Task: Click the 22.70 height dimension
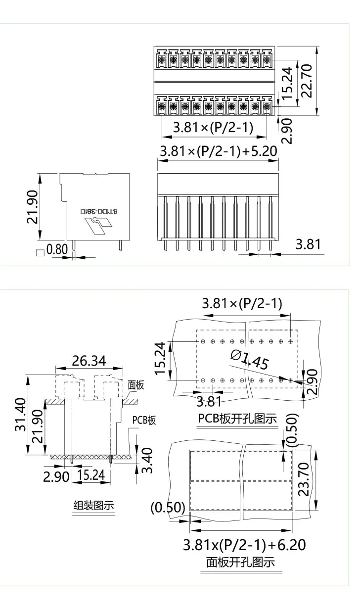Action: click(307, 81)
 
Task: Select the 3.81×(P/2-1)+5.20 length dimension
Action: click(218, 151)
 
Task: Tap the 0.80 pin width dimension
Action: click(57, 249)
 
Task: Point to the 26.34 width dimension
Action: click(89, 361)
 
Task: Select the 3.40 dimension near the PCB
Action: click(147, 460)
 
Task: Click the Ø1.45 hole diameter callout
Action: click(250, 360)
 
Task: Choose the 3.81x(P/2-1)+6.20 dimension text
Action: click(244, 545)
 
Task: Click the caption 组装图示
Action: click(94, 505)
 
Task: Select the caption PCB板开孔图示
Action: click(237, 418)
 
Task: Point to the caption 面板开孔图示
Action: click(240, 562)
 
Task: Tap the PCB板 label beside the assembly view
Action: click(144, 421)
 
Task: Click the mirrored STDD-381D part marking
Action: click(99, 211)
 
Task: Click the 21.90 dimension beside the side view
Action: click(31, 206)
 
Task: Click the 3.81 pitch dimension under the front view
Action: click(308, 244)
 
